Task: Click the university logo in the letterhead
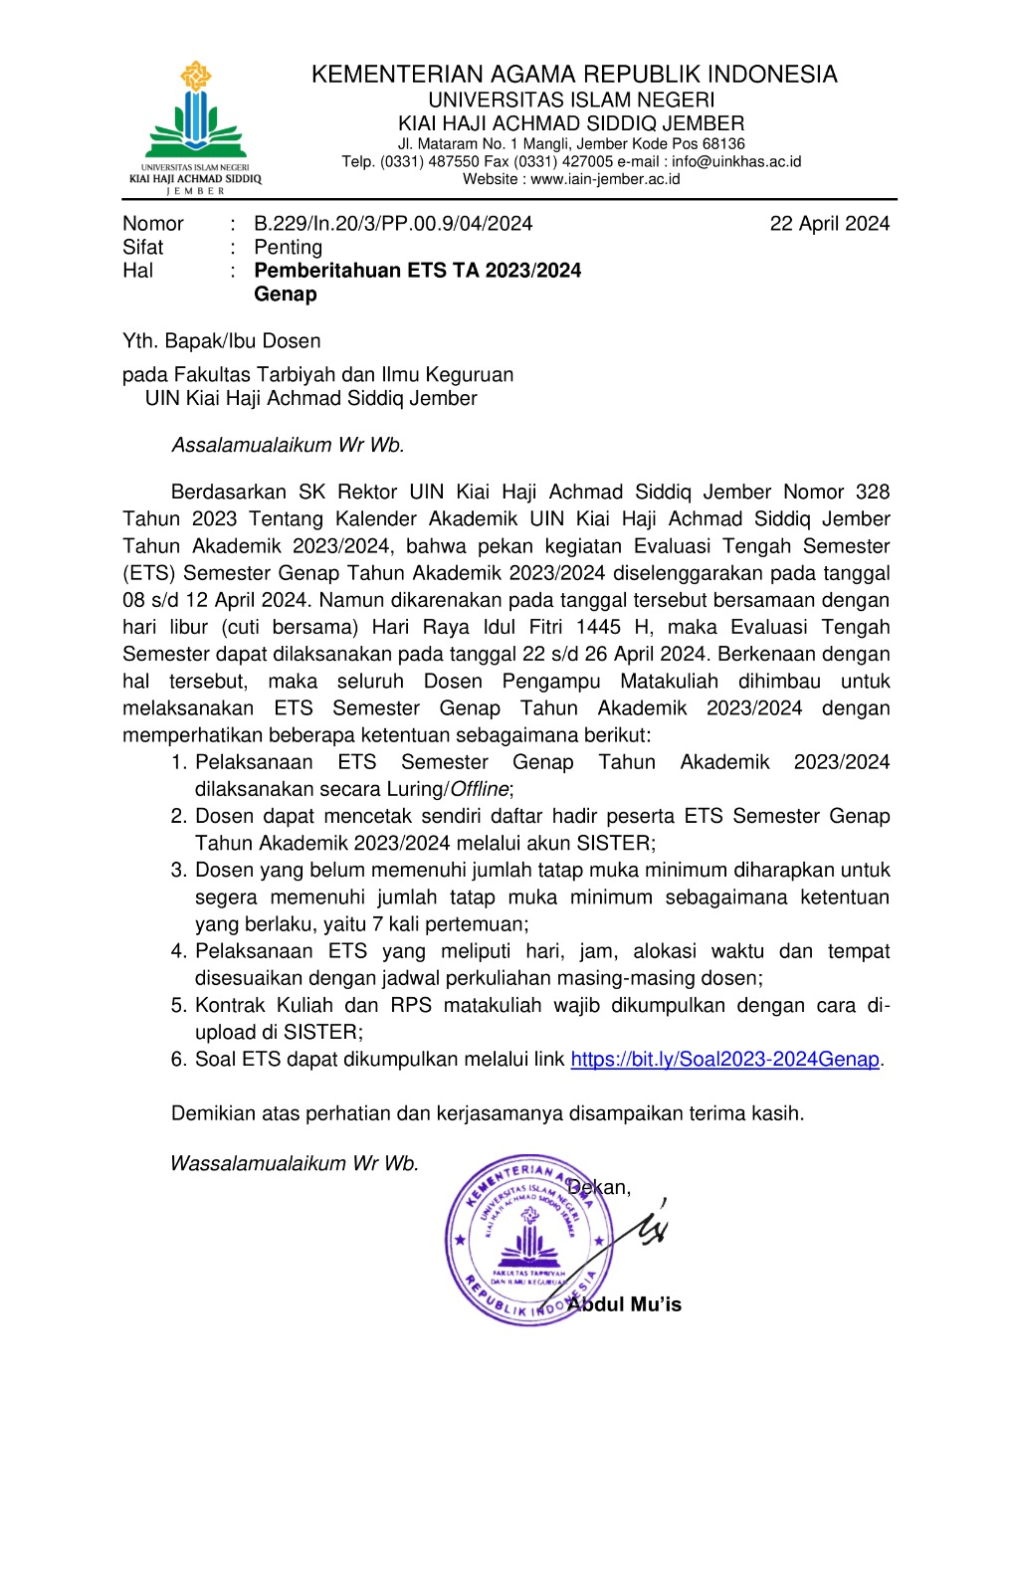tap(195, 127)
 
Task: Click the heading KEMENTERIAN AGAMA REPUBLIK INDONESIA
tap(574, 75)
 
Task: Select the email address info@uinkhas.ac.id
tap(735, 161)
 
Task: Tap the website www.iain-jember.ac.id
tap(605, 179)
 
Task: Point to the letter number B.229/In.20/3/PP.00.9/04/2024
tap(393, 224)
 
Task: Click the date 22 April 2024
tap(829, 224)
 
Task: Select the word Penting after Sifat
tap(289, 248)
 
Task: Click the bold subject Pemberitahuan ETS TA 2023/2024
tap(417, 271)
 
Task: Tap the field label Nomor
tap(153, 224)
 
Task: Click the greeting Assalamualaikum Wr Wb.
tap(288, 446)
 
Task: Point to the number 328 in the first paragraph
tap(872, 493)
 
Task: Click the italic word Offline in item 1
tap(480, 789)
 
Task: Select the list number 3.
tap(178, 871)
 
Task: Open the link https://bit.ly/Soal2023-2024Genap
tap(724, 1060)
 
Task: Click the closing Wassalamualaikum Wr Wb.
tap(295, 1164)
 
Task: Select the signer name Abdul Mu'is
tap(625, 1304)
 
